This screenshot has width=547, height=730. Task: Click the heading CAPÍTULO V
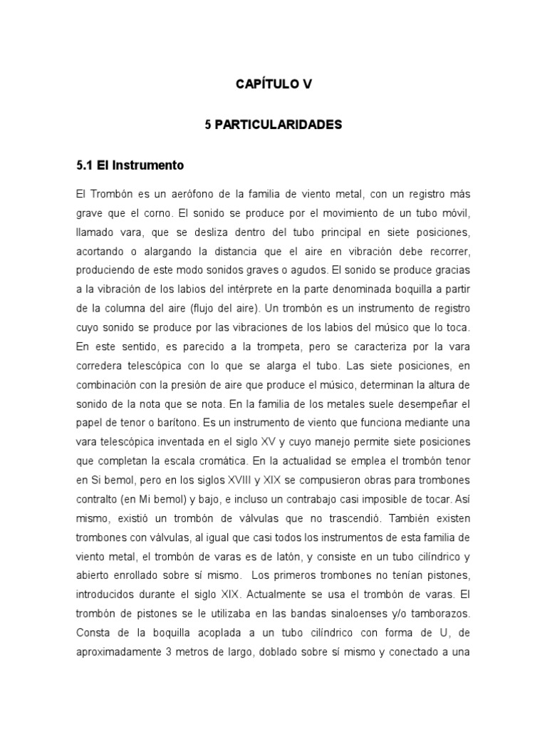273,84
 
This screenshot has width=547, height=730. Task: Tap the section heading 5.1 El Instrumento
130,165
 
